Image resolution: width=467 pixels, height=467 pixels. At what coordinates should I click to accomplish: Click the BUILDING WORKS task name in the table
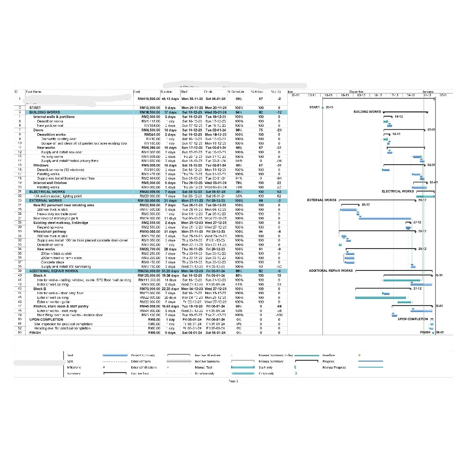(45, 112)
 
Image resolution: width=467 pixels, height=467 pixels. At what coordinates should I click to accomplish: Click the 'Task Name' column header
(34, 92)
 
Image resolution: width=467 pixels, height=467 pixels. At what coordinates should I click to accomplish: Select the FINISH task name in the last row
(35, 333)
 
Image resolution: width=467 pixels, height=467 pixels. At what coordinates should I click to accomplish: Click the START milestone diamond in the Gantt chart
(322, 108)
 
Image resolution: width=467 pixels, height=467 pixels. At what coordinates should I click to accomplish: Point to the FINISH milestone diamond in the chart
(433, 333)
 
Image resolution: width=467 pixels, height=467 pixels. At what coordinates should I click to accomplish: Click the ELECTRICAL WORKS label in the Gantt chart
(398, 192)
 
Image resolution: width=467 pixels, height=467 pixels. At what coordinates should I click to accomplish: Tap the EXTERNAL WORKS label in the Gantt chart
(322, 200)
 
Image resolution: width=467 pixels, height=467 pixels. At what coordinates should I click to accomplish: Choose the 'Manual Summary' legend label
(271, 361)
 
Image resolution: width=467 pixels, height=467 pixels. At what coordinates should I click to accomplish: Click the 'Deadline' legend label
(329, 355)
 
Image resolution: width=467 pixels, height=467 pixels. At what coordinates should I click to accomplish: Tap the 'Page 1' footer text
(233, 381)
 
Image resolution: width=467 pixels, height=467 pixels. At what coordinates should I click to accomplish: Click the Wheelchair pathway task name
(49, 231)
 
